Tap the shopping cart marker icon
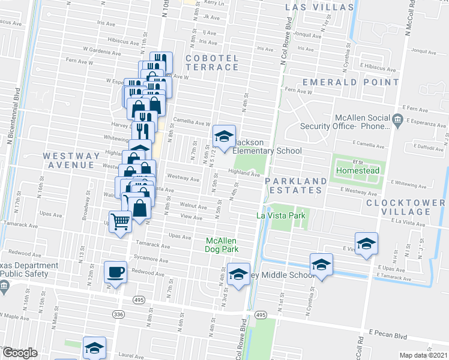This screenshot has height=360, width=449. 120,221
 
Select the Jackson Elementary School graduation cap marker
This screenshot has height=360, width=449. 224,137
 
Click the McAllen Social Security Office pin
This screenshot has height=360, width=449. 397,121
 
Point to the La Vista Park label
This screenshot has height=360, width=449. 281,215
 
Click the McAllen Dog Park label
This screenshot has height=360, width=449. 223,245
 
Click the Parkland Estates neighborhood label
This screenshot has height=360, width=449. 296,185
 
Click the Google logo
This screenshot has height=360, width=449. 19,353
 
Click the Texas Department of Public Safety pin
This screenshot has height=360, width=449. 4,286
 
